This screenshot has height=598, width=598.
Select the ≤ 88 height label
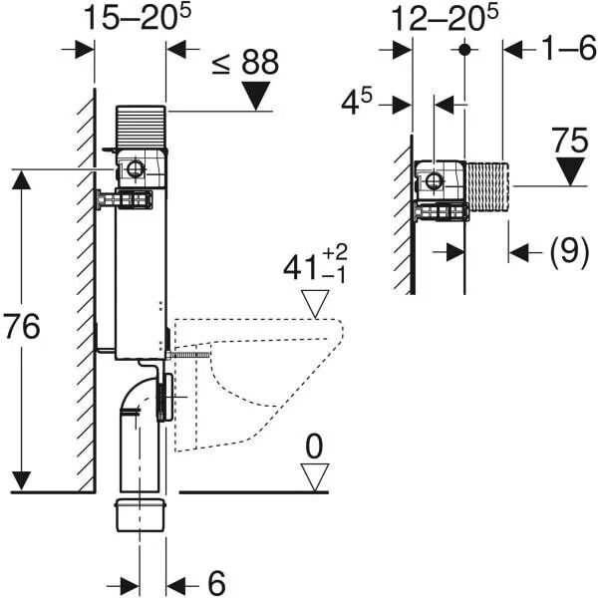[x=245, y=63]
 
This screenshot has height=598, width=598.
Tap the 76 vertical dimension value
[x=21, y=327]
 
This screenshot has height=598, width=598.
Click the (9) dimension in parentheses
[x=569, y=252]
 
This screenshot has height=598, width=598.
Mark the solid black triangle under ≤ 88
[x=258, y=97]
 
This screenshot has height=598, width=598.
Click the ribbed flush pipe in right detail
[x=487, y=184]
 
